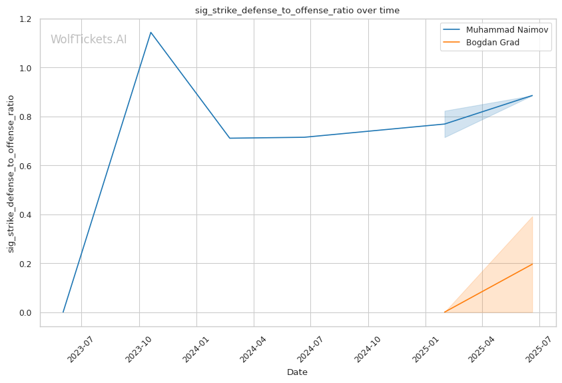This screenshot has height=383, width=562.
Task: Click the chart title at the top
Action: click(x=297, y=10)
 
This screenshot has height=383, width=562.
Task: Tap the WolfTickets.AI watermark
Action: click(x=89, y=39)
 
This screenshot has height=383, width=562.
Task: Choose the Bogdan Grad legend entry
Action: click(x=492, y=43)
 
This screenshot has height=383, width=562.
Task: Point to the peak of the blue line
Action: click(x=150, y=32)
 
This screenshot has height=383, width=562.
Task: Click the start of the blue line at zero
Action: click(x=63, y=312)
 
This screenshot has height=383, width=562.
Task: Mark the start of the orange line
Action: click(x=444, y=312)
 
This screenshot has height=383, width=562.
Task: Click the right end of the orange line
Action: click(x=532, y=264)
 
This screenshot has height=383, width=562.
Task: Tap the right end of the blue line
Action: click(x=532, y=95)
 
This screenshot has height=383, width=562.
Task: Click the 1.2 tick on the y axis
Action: click(x=26, y=19)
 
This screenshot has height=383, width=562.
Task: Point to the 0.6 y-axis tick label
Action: click(x=26, y=166)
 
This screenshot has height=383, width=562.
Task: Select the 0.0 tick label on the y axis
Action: click(x=26, y=313)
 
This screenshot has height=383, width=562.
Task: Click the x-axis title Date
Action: click(x=297, y=372)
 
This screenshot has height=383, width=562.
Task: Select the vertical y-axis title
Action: click(x=11, y=173)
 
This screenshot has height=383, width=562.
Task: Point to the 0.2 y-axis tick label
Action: click(x=26, y=264)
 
